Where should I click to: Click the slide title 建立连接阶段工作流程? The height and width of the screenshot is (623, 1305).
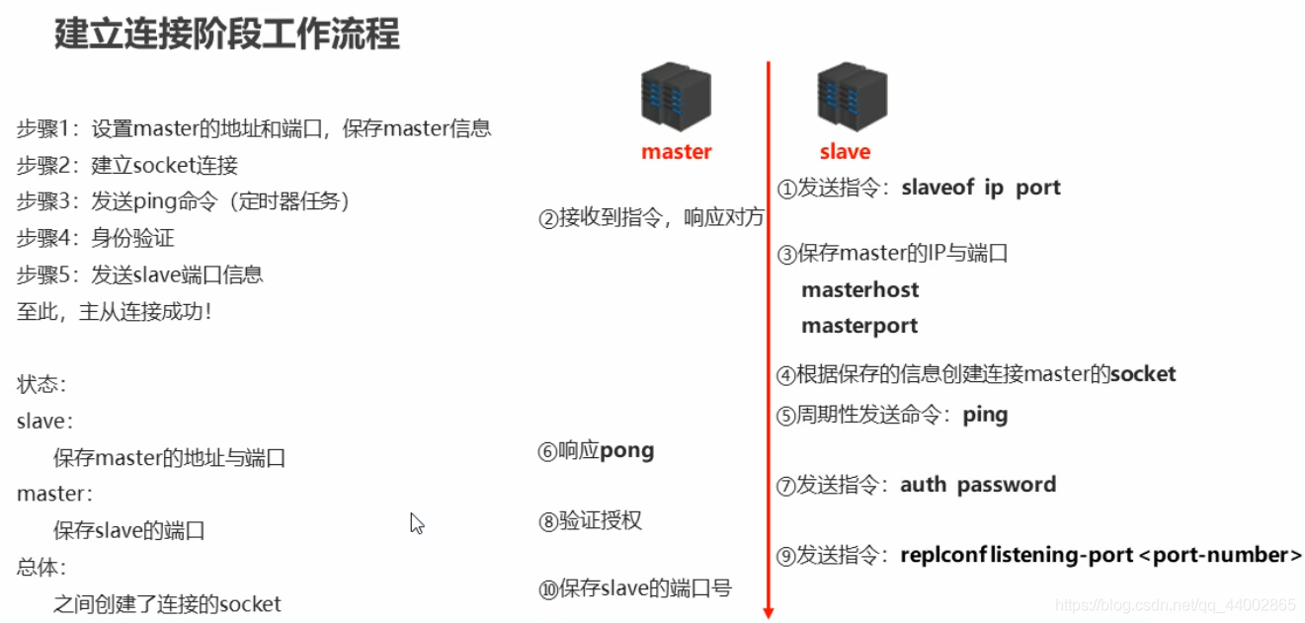pos(227,35)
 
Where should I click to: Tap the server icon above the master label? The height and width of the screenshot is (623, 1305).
pos(676,95)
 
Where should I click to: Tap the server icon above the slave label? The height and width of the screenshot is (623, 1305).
pos(852,95)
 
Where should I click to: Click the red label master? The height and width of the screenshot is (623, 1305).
pos(676,152)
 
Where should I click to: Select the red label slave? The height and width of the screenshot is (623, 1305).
pos(845,152)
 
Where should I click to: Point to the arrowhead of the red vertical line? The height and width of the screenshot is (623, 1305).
pos(769,613)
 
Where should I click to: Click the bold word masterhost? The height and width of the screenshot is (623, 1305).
pos(859,290)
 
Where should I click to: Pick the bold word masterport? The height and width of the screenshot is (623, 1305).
pos(859,326)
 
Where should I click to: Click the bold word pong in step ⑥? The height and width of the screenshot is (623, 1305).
pos(626,451)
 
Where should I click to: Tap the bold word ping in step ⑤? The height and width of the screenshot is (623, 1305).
pos(985,415)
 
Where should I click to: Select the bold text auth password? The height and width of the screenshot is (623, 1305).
pos(978,485)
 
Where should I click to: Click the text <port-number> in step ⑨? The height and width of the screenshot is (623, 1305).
pos(1221,556)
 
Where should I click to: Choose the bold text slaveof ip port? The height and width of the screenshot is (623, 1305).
pos(981,189)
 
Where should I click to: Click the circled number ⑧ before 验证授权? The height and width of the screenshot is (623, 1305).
pos(548,522)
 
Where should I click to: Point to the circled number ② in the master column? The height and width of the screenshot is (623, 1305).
pos(548,219)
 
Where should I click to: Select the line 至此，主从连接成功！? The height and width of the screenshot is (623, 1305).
pos(115,312)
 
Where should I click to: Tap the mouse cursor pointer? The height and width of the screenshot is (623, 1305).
pos(416,522)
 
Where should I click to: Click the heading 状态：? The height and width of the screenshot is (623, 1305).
pos(41,385)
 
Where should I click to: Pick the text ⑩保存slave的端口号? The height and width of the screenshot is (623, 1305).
pos(635,589)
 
